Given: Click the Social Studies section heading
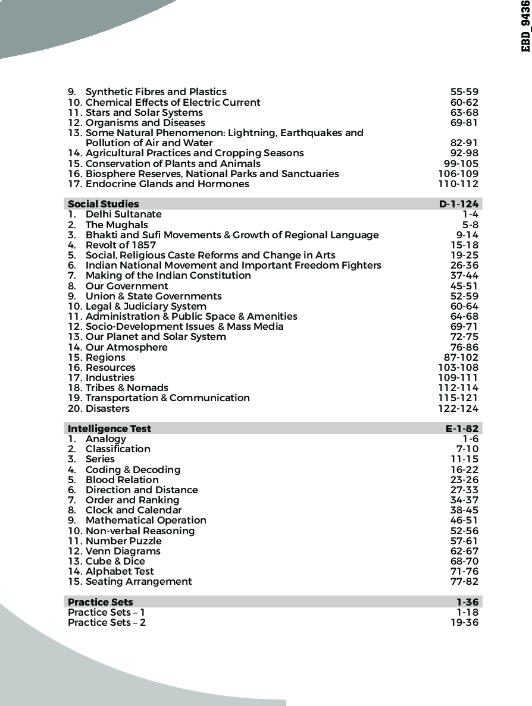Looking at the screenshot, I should click(103, 204).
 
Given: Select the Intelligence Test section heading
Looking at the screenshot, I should click(109, 428).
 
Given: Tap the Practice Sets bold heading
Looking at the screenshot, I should click(101, 602).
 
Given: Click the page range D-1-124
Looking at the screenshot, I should click(458, 204).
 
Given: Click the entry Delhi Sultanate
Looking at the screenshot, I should click(123, 214).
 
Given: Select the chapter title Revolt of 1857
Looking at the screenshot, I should click(121, 245).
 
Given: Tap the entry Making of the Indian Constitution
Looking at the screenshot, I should click(168, 275).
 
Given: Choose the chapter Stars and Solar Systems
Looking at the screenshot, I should click(144, 112).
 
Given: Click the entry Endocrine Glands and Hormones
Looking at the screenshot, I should click(167, 184).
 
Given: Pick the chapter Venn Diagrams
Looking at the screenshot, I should click(123, 551).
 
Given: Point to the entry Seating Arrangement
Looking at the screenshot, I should click(139, 581).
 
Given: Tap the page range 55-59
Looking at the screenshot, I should click(464, 92).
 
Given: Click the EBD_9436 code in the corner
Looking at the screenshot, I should click(525, 26).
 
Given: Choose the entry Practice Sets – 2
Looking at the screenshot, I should click(107, 622).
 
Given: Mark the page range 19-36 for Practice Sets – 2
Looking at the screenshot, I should click(464, 622).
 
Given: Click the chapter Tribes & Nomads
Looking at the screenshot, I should click(127, 387).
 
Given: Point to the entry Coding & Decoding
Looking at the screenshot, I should click(133, 469).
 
